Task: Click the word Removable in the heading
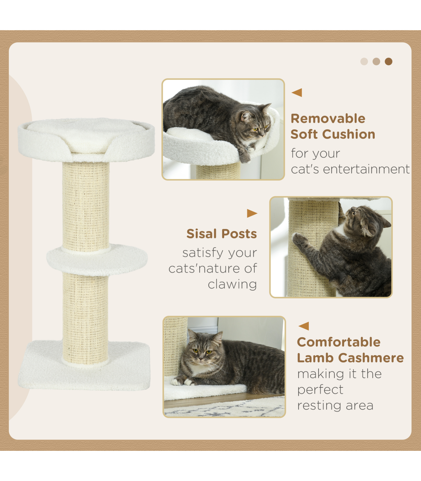pos(328,118)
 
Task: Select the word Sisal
pos(201,234)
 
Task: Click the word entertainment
pos(366,169)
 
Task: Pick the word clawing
pos(232,284)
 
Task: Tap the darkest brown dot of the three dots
pos(388,62)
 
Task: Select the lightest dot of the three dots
pos(364,62)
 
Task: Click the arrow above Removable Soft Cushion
pos(297,93)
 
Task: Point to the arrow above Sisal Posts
pos(252,213)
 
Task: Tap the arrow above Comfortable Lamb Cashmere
pos(303,326)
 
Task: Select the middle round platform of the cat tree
pos(97,260)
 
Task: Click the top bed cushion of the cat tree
pos(86,140)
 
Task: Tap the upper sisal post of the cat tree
pos(86,206)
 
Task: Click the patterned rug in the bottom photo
pos(224,409)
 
